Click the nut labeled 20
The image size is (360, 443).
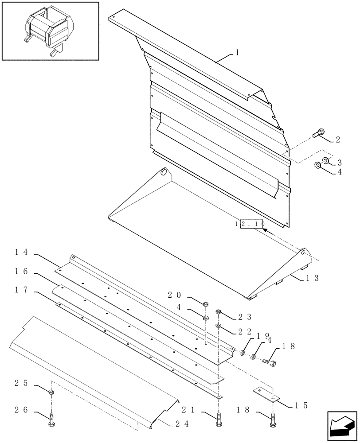(x=206, y=304)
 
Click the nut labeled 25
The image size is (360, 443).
(x=51, y=392)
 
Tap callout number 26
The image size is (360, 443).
(x=22, y=410)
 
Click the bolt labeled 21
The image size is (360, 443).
(x=218, y=420)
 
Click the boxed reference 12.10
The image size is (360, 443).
(x=251, y=225)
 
